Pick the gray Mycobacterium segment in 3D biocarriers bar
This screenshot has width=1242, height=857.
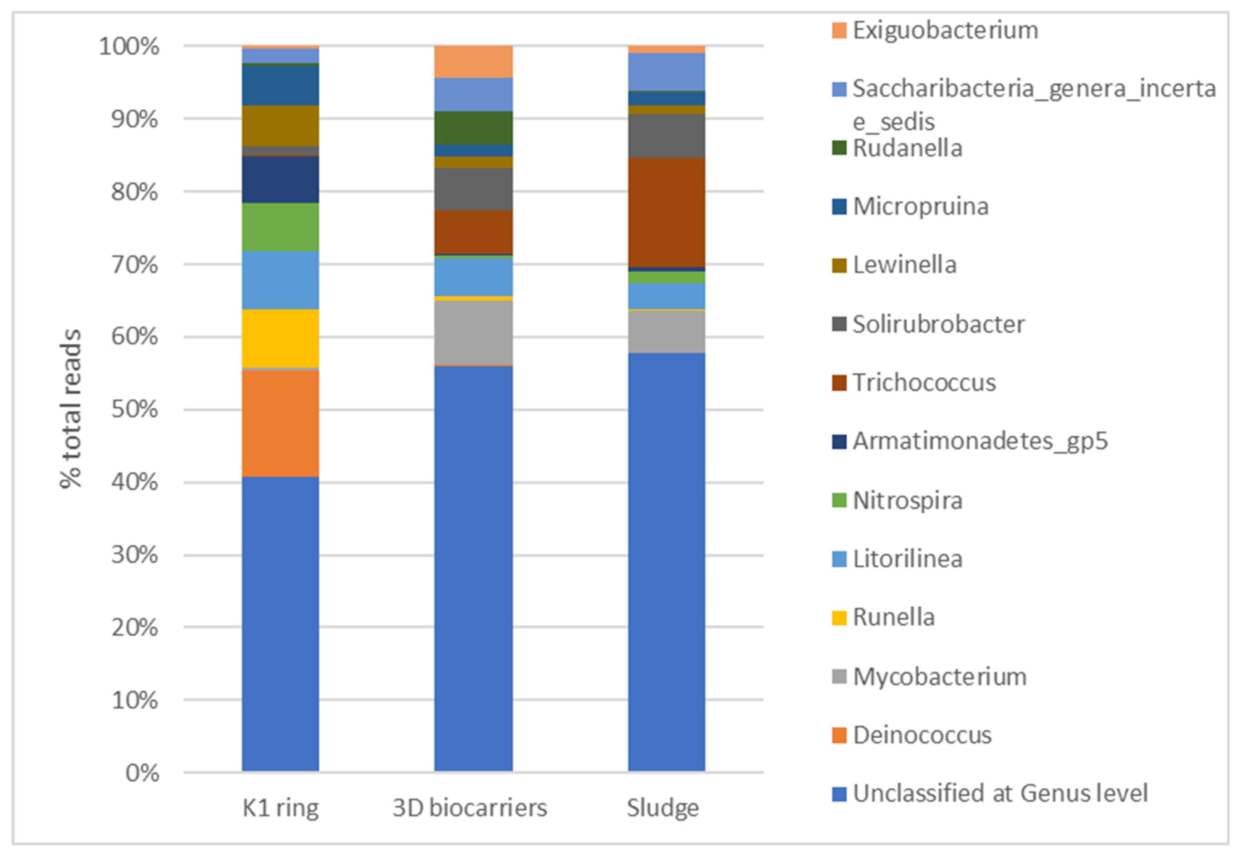coord(473,332)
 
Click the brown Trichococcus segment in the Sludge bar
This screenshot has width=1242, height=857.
coord(666,212)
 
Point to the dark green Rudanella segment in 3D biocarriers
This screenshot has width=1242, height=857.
coord(473,128)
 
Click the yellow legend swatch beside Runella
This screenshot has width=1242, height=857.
coord(838,617)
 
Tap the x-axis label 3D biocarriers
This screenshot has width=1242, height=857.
coord(469,807)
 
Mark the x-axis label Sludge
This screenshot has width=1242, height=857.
coord(663,807)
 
